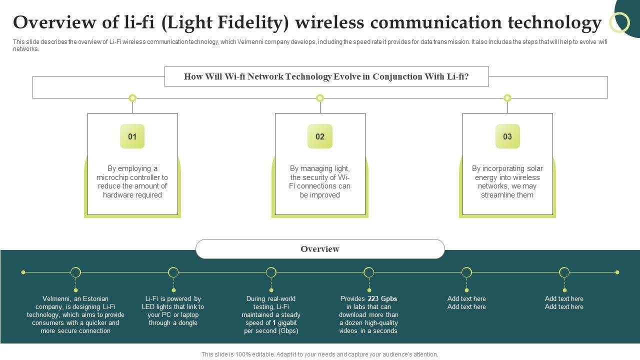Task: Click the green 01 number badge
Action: click(132, 136)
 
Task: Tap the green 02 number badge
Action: click(320, 136)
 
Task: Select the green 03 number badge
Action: click(507, 136)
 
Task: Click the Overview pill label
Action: click(320, 249)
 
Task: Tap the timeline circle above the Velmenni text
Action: click(75, 272)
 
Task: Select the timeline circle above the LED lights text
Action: click(173, 272)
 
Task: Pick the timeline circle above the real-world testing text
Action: click(271, 272)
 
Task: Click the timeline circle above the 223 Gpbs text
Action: click(368, 272)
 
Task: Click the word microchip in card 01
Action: click(112, 177)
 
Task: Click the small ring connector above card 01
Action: click(132, 98)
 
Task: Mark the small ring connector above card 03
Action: click(507, 98)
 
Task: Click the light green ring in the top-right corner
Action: click(620, 23)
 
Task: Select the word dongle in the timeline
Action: click(188, 323)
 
